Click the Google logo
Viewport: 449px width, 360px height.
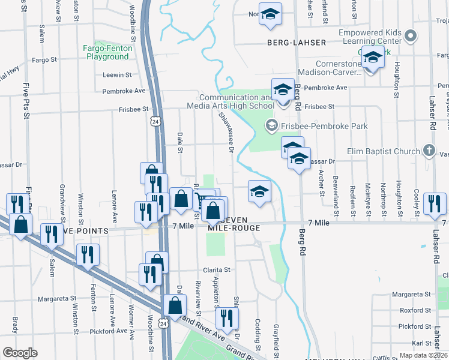(x=20, y=353)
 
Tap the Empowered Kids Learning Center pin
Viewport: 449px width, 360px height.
(x=411, y=36)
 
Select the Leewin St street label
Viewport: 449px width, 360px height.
(x=117, y=75)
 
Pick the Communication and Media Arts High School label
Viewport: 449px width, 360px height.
(x=237, y=102)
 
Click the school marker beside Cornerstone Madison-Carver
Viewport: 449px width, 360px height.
(x=373, y=58)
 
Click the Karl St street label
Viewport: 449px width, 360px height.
(x=423, y=343)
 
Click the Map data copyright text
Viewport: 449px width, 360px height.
(x=423, y=355)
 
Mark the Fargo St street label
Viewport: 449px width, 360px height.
(x=44, y=60)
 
